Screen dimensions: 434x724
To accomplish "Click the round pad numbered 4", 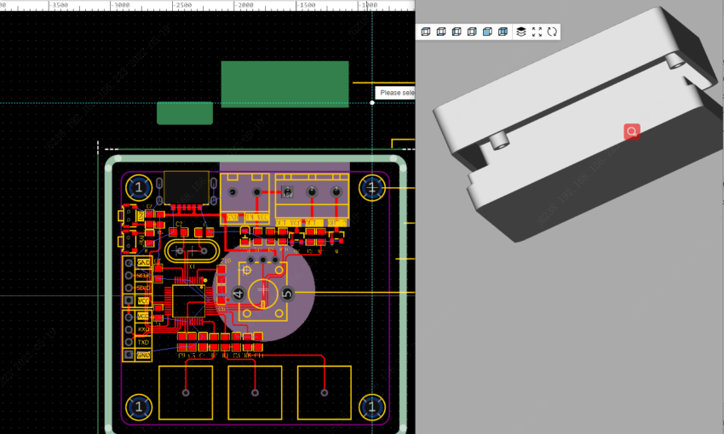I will [x=238, y=294].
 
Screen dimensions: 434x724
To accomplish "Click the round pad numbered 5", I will [x=287, y=294].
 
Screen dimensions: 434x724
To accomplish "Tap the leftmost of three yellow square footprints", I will [x=186, y=392].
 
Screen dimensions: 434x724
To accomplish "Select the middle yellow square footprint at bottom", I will [x=255, y=392].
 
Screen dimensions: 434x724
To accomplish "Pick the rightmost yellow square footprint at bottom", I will [x=324, y=392].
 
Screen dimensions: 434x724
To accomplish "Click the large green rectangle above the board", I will [x=284, y=83].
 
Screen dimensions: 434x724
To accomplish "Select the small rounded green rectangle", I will [x=185, y=113].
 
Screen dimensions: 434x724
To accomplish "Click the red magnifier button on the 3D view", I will [x=632, y=131].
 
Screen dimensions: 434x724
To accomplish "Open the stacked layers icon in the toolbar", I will [x=520, y=31].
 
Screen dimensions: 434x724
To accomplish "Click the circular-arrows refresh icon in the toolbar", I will [x=552, y=31].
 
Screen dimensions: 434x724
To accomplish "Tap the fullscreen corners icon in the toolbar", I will [x=537, y=31].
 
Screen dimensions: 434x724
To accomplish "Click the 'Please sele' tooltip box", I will [x=395, y=92].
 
